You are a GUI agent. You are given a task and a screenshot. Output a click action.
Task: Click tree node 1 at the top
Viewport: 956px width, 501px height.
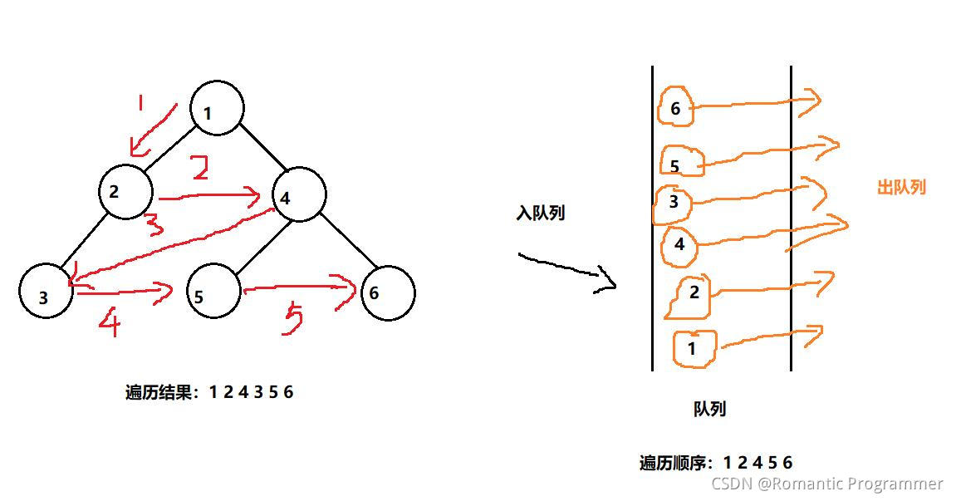pyautogui.click(x=217, y=108)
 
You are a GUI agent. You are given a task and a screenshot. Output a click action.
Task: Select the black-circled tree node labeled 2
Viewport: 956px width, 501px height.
pyautogui.click(x=125, y=193)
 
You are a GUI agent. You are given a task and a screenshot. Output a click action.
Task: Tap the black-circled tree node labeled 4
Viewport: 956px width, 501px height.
pyautogui.click(x=299, y=195)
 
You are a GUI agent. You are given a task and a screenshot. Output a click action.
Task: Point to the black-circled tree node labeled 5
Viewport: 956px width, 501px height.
pyautogui.click(x=213, y=293)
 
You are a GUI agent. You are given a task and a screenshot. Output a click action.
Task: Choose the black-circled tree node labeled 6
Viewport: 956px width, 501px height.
pyautogui.click(x=387, y=292)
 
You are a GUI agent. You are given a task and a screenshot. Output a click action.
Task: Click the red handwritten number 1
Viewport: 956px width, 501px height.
pyautogui.click(x=140, y=104)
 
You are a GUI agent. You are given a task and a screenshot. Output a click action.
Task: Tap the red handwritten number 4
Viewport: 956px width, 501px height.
pyautogui.click(x=109, y=322)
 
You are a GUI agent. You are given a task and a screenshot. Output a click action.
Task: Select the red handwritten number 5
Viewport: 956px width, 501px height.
pyautogui.click(x=292, y=320)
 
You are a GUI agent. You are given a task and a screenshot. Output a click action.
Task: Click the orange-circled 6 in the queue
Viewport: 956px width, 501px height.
pyautogui.click(x=676, y=107)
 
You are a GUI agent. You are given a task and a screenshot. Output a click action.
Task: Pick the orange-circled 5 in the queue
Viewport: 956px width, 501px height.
pyautogui.click(x=682, y=162)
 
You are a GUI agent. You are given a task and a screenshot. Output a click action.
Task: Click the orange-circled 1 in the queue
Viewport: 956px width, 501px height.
pyautogui.click(x=694, y=347)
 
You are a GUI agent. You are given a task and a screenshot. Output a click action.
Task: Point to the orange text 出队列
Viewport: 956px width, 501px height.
pyautogui.click(x=901, y=188)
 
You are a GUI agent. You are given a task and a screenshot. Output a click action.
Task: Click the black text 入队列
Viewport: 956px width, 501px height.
pyautogui.click(x=540, y=214)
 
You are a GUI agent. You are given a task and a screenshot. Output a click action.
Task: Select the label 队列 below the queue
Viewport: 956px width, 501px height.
pyautogui.click(x=709, y=409)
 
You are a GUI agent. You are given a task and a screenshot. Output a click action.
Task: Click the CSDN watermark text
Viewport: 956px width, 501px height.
pyautogui.click(x=827, y=484)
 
